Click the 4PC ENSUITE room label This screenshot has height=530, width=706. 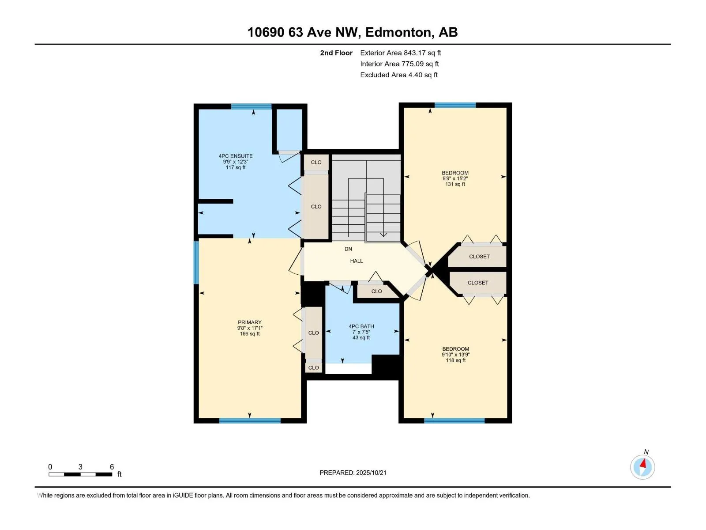click(236, 156)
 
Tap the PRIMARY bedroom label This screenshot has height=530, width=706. click(250, 322)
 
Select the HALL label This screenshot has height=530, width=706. click(357, 261)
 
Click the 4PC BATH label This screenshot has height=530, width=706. click(361, 326)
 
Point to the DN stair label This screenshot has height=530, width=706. click(348, 249)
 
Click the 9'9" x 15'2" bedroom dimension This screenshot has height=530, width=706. click(455, 178)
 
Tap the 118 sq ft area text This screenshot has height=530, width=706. click(455, 360)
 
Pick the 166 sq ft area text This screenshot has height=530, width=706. click(250, 334)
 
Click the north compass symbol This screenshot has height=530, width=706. click(642, 466)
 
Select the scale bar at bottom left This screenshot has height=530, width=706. click(80, 474)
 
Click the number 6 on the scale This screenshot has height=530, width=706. click(112, 466)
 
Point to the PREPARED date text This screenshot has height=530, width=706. click(353, 473)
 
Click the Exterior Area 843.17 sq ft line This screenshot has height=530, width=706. click(401, 53)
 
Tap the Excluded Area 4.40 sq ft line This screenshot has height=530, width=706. click(399, 75)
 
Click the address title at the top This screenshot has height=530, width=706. click(353, 32)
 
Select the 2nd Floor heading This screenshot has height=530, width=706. click(336, 53)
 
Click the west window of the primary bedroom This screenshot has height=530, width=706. click(196, 263)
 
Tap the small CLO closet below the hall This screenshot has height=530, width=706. click(376, 291)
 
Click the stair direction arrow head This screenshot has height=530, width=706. click(383, 235)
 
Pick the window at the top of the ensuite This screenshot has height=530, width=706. click(252, 106)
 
